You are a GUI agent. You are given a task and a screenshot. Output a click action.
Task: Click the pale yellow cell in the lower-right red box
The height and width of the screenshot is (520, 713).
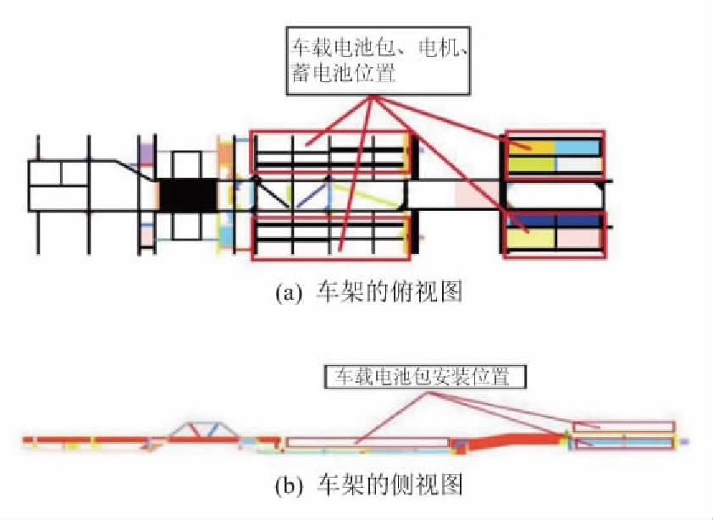click(x=530, y=239)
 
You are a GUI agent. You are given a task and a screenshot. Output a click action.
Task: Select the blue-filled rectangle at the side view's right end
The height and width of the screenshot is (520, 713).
click(x=624, y=442)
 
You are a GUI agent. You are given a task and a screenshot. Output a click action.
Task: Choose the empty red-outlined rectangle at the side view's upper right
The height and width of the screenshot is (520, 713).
click(x=624, y=426)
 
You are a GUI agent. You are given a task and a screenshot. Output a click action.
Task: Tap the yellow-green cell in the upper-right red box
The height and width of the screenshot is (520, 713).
click(x=530, y=163)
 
